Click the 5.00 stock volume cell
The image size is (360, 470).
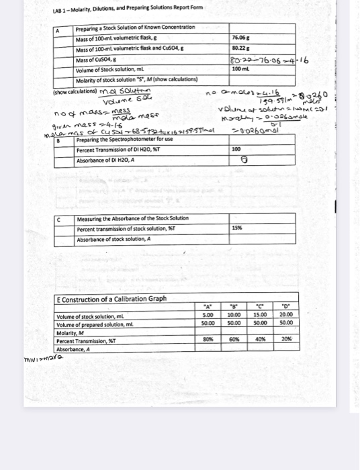tap(208, 316)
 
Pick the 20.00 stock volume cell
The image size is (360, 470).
tap(287, 316)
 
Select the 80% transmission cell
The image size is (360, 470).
tap(208, 339)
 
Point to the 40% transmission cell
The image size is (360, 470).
tap(261, 339)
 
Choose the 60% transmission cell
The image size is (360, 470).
tap(234, 339)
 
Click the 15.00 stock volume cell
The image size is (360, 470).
tap(261, 316)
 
